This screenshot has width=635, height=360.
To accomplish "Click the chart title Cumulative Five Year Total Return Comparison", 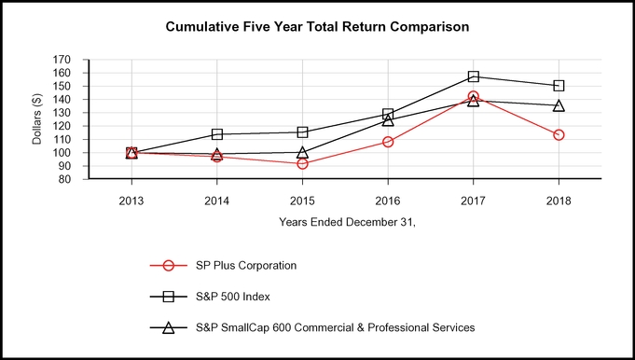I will tap(317, 27).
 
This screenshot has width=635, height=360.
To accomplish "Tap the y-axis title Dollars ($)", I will tap(38, 119).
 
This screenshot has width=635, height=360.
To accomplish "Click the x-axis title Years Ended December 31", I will tap(344, 222).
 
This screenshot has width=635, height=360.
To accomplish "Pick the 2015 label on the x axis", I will tap(302, 200).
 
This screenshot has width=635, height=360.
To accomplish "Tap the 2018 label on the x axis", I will tap(559, 200).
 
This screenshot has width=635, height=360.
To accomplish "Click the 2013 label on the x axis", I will tap(131, 200).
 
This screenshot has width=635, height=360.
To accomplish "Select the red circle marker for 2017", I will tap(474, 97).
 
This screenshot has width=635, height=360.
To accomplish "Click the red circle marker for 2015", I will tap(302, 163).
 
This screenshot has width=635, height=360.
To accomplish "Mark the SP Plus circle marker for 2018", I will tap(559, 135).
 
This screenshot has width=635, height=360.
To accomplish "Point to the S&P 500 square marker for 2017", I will tap(474, 76).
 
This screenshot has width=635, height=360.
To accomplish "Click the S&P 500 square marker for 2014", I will tap(217, 134).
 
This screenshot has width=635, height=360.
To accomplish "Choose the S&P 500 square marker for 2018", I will tap(559, 86).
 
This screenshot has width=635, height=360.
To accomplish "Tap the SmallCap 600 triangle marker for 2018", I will tap(559, 105).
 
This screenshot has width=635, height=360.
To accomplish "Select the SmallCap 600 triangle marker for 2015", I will tap(302, 152).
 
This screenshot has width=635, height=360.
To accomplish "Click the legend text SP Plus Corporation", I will tap(245, 265).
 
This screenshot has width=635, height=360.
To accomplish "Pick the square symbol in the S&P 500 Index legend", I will tap(169, 297).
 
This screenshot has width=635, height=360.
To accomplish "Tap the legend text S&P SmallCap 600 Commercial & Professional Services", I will tap(335, 327).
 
